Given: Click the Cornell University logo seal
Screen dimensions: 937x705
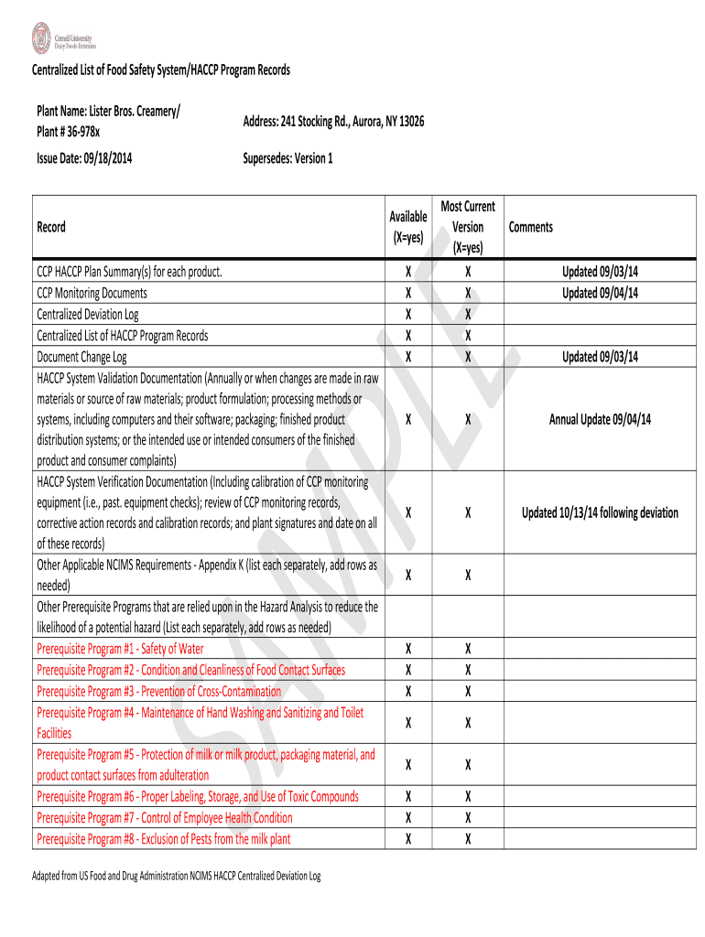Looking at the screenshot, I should (41, 38).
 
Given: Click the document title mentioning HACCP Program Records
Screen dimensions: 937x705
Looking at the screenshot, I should (161, 70).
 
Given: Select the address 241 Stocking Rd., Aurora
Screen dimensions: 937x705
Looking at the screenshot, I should (333, 122).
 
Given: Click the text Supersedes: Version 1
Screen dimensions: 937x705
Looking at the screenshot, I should (287, 158).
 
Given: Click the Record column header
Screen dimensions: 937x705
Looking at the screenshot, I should (51, 227).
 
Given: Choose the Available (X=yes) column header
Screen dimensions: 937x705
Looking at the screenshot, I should (407, 226).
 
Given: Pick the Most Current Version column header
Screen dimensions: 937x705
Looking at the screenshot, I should (467, 227).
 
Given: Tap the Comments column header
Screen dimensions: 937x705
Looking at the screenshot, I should (531, 227).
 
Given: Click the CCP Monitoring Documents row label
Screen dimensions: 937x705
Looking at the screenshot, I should (92, 293).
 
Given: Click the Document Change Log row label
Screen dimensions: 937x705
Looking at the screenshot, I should (81, 357).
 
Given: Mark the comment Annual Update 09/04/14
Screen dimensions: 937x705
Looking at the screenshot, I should (600, 420).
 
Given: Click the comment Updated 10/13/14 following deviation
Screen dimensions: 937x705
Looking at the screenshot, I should (600, 512).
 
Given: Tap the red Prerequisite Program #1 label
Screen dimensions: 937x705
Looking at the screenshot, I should (120, 649).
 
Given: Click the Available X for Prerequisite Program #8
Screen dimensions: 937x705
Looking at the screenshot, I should (407, 839).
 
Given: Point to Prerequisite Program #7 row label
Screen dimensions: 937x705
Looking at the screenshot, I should (165, 818).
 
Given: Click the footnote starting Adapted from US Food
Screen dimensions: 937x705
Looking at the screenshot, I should (177, 876).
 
